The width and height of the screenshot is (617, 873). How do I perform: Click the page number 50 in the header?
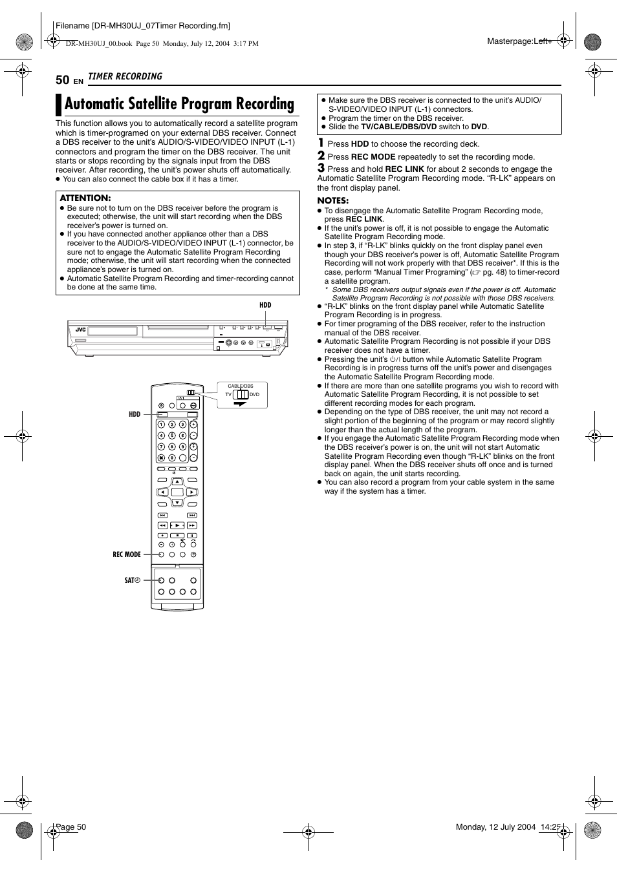(x=62, y=79)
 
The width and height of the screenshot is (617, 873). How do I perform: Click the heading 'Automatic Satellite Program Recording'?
(x=179, y=104)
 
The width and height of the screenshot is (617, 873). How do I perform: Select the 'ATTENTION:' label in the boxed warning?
(x=85, y=198)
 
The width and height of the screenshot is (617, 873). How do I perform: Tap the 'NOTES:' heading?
(x=332, y=200)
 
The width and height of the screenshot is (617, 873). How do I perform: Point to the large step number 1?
(x=321, y=143)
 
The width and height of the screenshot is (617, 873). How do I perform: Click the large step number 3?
(x=321, y=168)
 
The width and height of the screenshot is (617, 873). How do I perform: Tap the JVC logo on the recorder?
(x=80, y=330)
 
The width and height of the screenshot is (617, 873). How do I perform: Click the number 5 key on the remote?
(x=172, y=436)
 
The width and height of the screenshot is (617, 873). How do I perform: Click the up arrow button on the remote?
(x=177, y=481)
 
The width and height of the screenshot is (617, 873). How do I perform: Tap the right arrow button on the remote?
(x=192, y=492)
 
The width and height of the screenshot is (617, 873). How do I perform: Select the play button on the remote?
(x=177, y=525)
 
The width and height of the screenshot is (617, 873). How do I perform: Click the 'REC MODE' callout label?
(x=127, y=554)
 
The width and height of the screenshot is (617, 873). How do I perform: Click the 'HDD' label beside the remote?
(x=134, y=414)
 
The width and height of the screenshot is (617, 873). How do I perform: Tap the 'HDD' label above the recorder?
(x=265, y=305)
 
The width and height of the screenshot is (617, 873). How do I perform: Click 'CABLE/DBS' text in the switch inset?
(x=241, y=386)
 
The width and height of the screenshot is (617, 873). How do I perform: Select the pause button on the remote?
(x=192, y=535)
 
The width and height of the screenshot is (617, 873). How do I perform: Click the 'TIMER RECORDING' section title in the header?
(x=125, y=76)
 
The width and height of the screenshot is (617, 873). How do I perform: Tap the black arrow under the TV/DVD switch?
(x=241, y=403)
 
